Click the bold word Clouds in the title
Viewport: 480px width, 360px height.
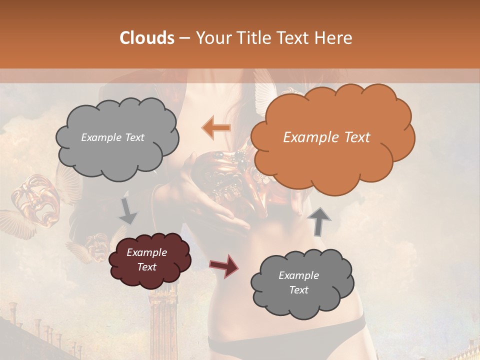tap(147, 38)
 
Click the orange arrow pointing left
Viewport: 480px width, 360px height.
tap(216, 128)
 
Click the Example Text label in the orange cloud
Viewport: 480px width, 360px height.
tap(326, 137)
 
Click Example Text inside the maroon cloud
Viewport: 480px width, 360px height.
tap(146, 259)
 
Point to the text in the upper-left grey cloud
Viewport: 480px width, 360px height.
tap(112, 137)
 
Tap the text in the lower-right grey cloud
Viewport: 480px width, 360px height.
tap(298, 282)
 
